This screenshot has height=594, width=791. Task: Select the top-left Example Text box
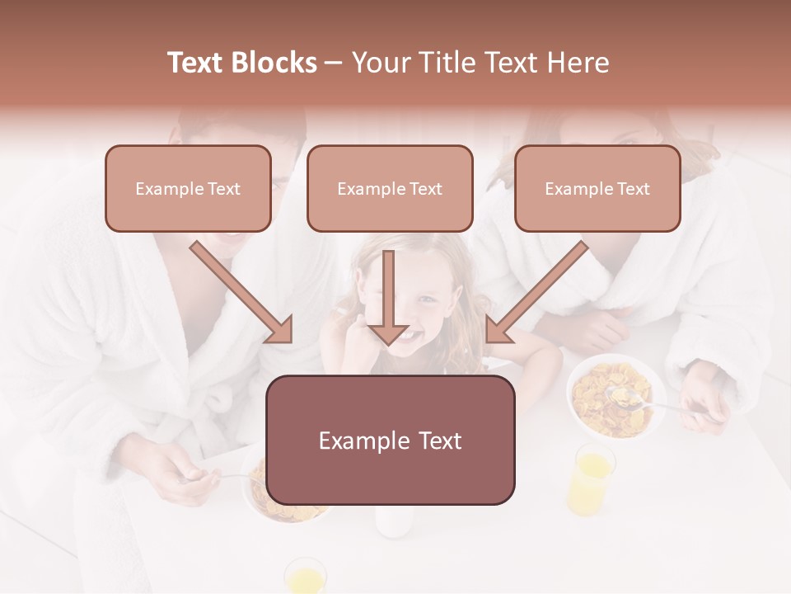click(x=188, y=188)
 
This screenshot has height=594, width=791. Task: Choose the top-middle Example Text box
click(x=390, y=188)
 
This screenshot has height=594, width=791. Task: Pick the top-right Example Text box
click(x=597, y=188)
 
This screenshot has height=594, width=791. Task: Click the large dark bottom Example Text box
click(x=391, y=440)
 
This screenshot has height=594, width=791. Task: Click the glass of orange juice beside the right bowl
click(x=591, y=478)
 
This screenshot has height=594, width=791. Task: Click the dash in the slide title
click(x=334, y=64)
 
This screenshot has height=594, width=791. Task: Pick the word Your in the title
click(x=381, y=63)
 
